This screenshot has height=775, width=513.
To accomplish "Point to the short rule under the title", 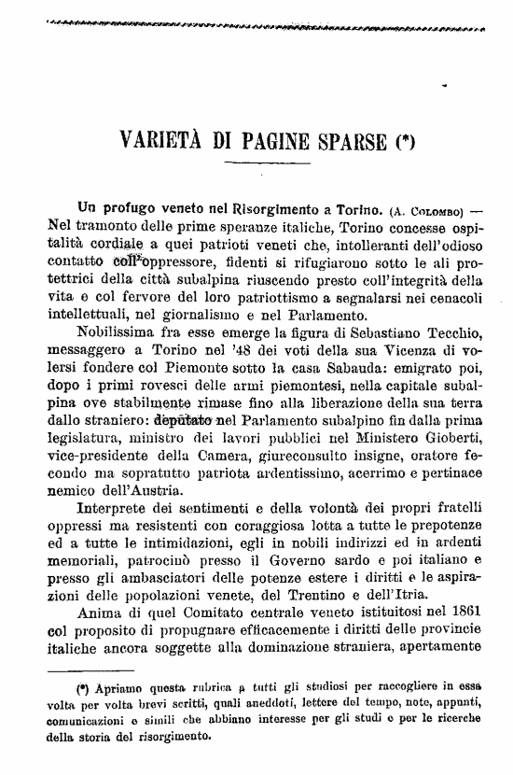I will coord(256,164).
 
